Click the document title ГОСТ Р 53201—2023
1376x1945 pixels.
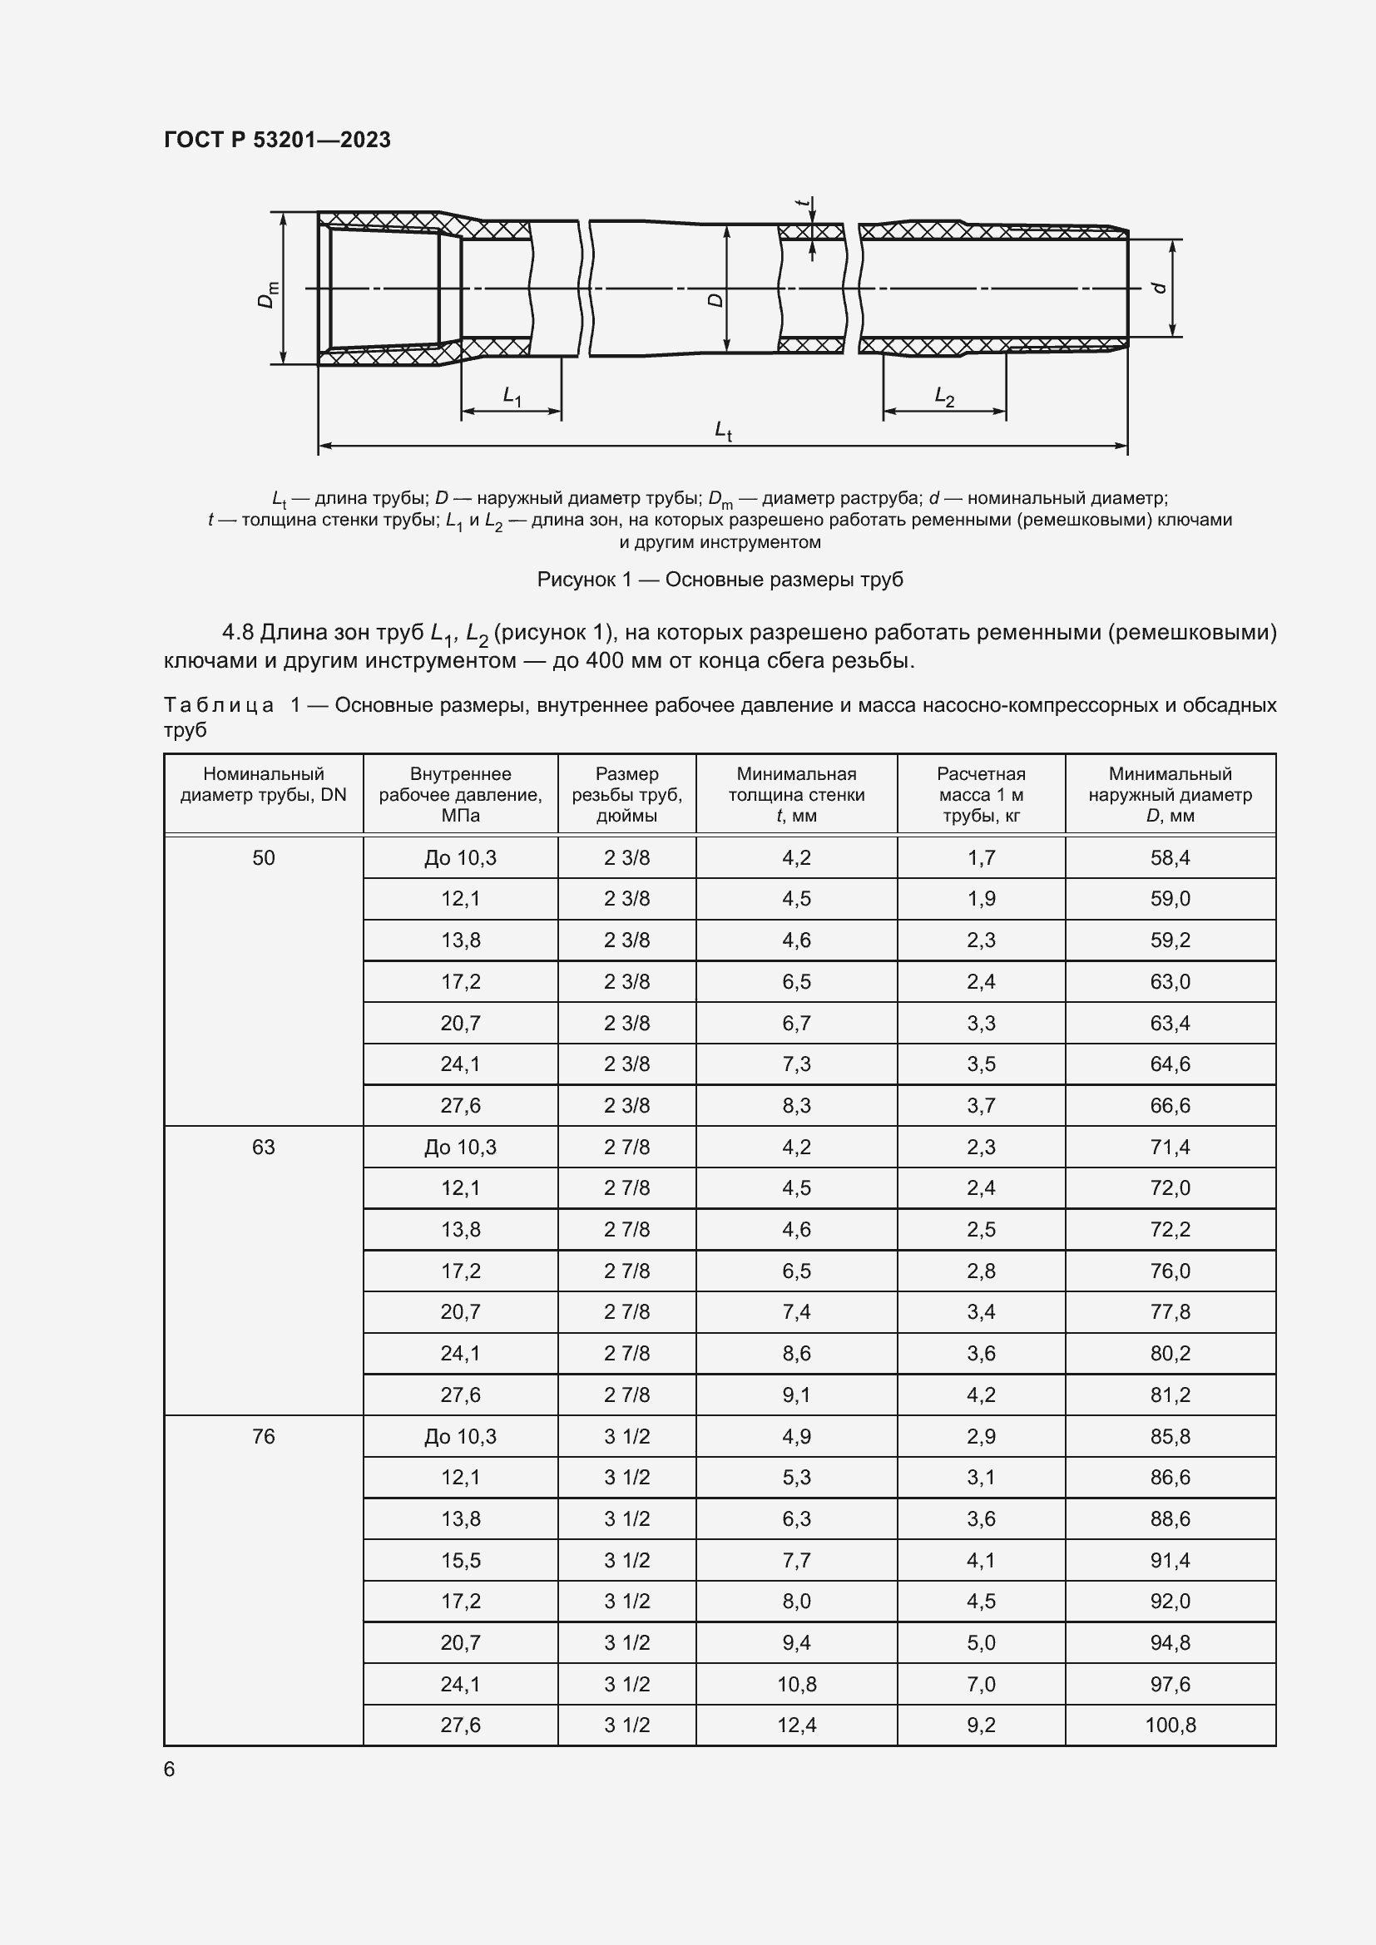point(277,140)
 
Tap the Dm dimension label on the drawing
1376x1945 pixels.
point(267,293)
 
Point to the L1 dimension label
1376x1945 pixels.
point(512,396)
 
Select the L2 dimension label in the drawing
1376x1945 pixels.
point(944,396)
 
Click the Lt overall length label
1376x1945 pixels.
point(723,431)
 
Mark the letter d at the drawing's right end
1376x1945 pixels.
point(1160,288)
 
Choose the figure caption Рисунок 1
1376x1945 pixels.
point(720,580)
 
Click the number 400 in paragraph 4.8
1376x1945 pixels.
point(604,660)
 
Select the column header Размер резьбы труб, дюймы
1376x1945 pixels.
point(626,794)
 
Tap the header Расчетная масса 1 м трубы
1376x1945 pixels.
point(980,794)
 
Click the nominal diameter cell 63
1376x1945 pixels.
point(264,1147)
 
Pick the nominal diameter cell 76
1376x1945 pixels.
point(264,1436)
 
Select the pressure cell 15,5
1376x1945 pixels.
point(460,1559)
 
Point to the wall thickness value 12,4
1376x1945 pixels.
point(796,1725)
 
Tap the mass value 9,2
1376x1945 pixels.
point(980,1725)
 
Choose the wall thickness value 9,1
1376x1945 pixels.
point(796,1395)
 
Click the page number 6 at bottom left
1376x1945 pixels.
point(170,1770)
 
